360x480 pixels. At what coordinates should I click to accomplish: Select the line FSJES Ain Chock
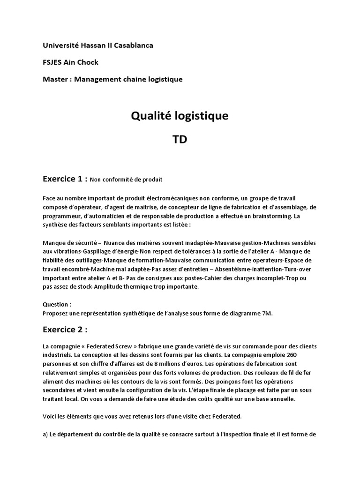tap(70, 62)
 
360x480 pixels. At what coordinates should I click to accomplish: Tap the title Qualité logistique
tap(180, 116)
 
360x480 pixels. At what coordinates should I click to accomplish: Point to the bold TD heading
tap(180, 140)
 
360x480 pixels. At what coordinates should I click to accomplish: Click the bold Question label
tap(57, 304)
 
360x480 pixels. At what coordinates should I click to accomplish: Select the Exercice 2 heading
tap(65, 330)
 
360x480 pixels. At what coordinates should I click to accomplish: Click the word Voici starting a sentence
tap(50, 416)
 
